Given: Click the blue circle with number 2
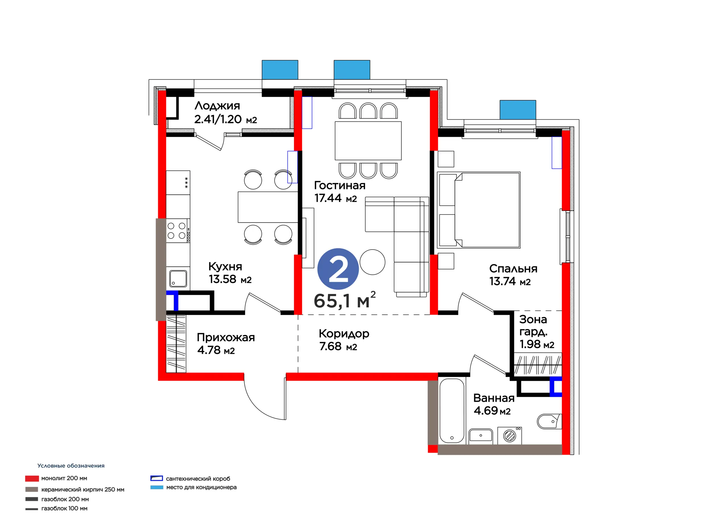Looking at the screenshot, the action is point(338,269).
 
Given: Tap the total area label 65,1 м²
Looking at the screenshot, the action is point(345,300).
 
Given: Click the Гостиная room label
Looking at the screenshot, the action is point(340,185).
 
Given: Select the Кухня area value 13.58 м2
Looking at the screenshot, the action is point(230,279).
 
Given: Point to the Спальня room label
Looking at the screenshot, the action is point(513,269).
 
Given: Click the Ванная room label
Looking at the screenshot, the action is point(494,398).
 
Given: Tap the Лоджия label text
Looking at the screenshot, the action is point(217,106).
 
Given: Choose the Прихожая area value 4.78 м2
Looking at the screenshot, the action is point(216,350).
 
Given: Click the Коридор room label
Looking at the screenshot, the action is point(344,334).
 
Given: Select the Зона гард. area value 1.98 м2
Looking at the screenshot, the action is point(537,344).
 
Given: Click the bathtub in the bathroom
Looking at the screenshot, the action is point(452,411).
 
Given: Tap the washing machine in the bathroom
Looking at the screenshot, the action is point(510,435).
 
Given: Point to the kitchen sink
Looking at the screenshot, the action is point(178,278).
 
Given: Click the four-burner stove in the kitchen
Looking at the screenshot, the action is point(178,231).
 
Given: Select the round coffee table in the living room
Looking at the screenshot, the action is point(373,262).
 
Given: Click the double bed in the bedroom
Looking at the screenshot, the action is point(479,210).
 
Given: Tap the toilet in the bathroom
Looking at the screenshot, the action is point(549,421).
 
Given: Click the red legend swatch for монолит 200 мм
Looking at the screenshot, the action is point(32,479).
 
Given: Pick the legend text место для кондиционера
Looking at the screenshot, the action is point(201,487).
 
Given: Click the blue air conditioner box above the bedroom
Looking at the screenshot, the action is point(518,110).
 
